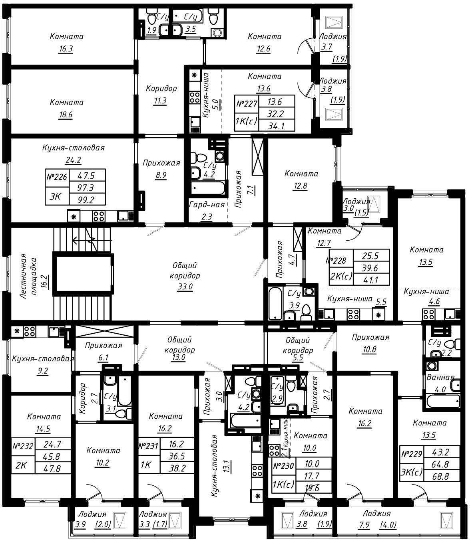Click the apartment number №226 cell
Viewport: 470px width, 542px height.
coord(57,178)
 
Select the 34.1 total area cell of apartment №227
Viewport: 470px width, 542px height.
coord(277,126)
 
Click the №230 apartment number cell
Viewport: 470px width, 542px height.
coord(284,466)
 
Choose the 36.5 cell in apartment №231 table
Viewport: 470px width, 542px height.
coord(177,456)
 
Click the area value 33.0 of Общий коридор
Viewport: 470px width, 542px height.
coord(185,287)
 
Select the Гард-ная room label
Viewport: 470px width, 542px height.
coord(207,204)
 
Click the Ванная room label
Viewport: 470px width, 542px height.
coord(440,377)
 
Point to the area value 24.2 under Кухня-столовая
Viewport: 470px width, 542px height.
coord(74,160)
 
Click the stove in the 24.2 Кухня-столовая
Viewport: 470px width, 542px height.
coord(99,216)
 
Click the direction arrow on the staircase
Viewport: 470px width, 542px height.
coord(92,240)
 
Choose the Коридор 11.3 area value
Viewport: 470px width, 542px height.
coord(160,101)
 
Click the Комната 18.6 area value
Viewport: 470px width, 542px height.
coord(66,115)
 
